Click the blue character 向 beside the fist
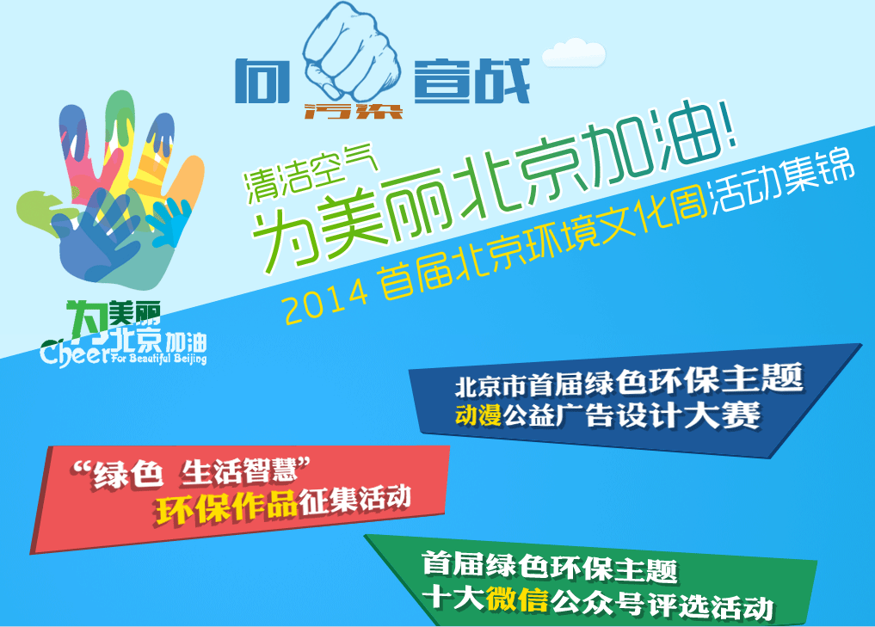coord(262,82)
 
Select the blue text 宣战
coord(471,82)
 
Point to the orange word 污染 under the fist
coord(353,110)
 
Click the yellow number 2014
coord(327,302)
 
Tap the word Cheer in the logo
coord(75,353)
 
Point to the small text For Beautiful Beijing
coord(159,357)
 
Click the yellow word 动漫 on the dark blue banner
coord(478,415)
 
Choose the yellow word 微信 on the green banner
coord(517,600)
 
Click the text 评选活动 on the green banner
coord(712,606)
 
